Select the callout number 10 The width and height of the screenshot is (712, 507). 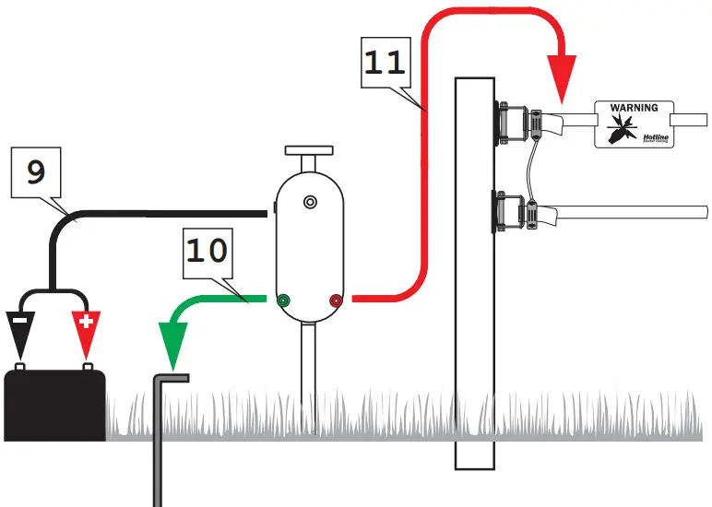click(x=208, y=250)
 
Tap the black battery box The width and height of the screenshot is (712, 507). click(x=54, y=404)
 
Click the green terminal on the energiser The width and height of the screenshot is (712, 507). click(x=283, y=300)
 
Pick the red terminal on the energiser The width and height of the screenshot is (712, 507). click(x=336, y=300)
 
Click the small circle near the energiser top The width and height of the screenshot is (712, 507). click(x=310, y=201)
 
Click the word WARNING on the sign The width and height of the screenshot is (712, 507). click(x=634, y=108)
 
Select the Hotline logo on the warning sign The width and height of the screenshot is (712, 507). click(x=646, y=136)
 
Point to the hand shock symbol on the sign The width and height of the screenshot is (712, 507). click(x=620, y=129)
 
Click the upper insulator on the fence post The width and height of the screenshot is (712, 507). click(x=516, y=122)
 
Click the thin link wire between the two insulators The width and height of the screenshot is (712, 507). click(x=526, y=166)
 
